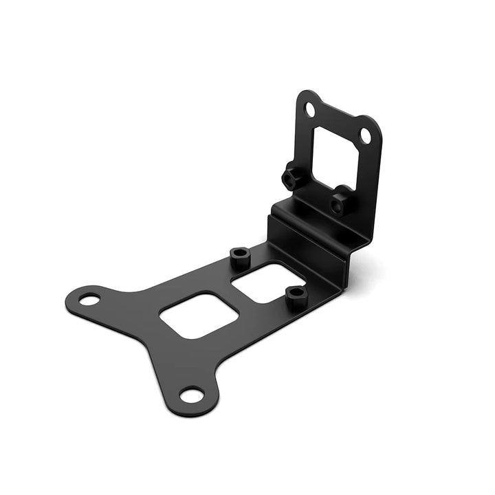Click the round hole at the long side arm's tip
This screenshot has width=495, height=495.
pyautogui.click(x=89, y=300)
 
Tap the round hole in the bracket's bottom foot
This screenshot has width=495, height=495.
pyautogui.click(x=192, y=395)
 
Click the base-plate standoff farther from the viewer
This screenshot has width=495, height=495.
pyautogui.click(x=239, y=257)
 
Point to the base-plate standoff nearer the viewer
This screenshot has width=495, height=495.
pyautogui.click(x=296, y=296)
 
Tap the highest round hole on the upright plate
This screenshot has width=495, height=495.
pyautogui.click(x=310, y=109)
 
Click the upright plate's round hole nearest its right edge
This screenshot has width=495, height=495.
pyautogui.click(x=366, y=136)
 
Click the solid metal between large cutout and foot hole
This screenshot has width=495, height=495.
pyautogui.click(x=187, y=357)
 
